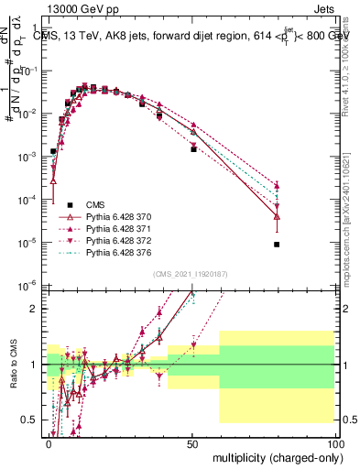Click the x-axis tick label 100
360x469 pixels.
click(333, 442)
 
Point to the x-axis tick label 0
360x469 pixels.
click(49, 442)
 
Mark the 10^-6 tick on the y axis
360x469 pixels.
click(30, 285)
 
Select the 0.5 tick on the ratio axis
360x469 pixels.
click(29, 420)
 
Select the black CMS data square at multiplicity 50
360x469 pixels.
click(193, 148)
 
